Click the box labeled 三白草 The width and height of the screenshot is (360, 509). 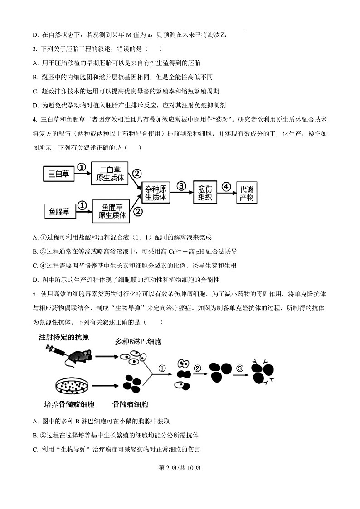click(x=59, y=174)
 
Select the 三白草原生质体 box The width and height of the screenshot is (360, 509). click(x=110, y=174)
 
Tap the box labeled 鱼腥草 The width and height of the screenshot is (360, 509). click(x=59, y=211)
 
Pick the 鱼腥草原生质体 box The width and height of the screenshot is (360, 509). click(x=111, y=211)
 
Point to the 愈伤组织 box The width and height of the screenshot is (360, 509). click(x=205, y=193)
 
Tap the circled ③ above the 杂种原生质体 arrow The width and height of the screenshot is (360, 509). click(x=181, y=186)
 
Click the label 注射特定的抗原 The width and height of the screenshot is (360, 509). click(x=63, y=337)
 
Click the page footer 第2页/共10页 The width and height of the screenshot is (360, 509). click(x=180, y=468)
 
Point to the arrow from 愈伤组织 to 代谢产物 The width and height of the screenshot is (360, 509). click(x=227, y=193)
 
